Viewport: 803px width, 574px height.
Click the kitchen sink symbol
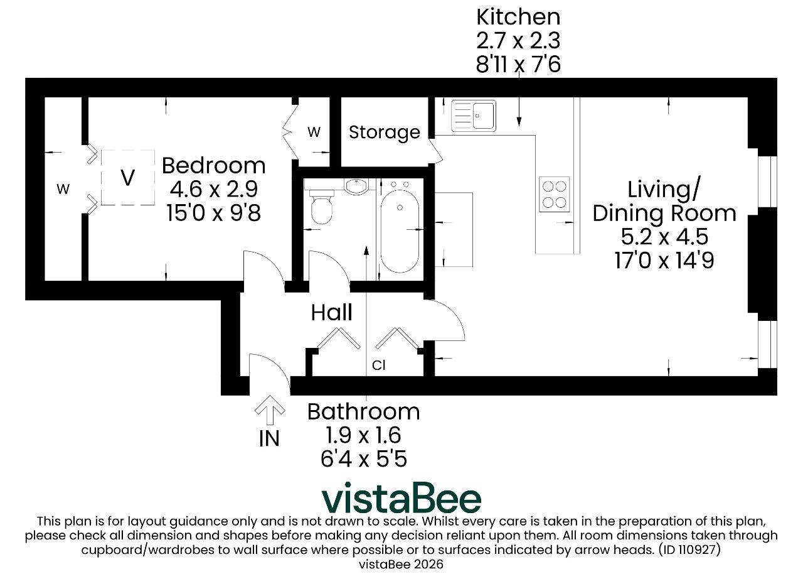[474, 116]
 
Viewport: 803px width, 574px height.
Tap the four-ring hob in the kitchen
[554, 195]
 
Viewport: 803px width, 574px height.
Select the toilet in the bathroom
[321, 207]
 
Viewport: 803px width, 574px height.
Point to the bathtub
[400, 231]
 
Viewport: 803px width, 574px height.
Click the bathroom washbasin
[356, 187]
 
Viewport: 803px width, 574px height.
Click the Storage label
[385, 133]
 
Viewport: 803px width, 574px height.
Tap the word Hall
[332, 313]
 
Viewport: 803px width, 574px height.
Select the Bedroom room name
[214, 166]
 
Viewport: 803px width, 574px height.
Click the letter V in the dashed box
[127, 177]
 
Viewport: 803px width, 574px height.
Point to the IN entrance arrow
[270, 410]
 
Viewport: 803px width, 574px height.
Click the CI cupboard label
[378, 366]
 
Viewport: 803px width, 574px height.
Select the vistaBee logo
[401, 498]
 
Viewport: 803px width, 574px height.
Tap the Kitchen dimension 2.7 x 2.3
[518, 41]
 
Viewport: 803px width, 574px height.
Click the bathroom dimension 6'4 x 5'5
[363, 459]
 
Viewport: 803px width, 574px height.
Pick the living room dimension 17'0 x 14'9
[664, 260]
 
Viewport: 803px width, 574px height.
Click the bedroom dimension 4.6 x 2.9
[214, 189]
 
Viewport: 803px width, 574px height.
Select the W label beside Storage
[314, 133]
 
